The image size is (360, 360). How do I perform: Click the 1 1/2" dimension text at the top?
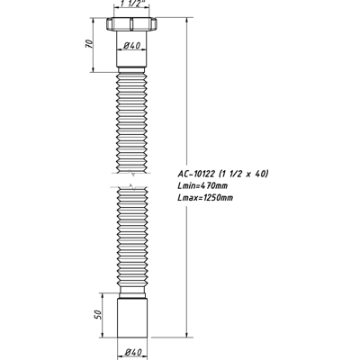click(x=130, y=5)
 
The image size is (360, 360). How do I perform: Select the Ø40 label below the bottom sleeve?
click(x=131, y=351)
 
